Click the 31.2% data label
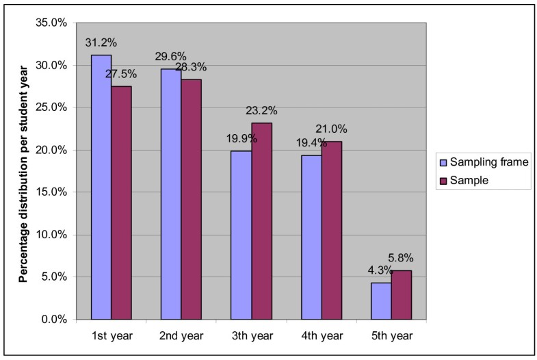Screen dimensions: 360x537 click(99, 42)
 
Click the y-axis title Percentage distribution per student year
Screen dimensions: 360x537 click(23, 171)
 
